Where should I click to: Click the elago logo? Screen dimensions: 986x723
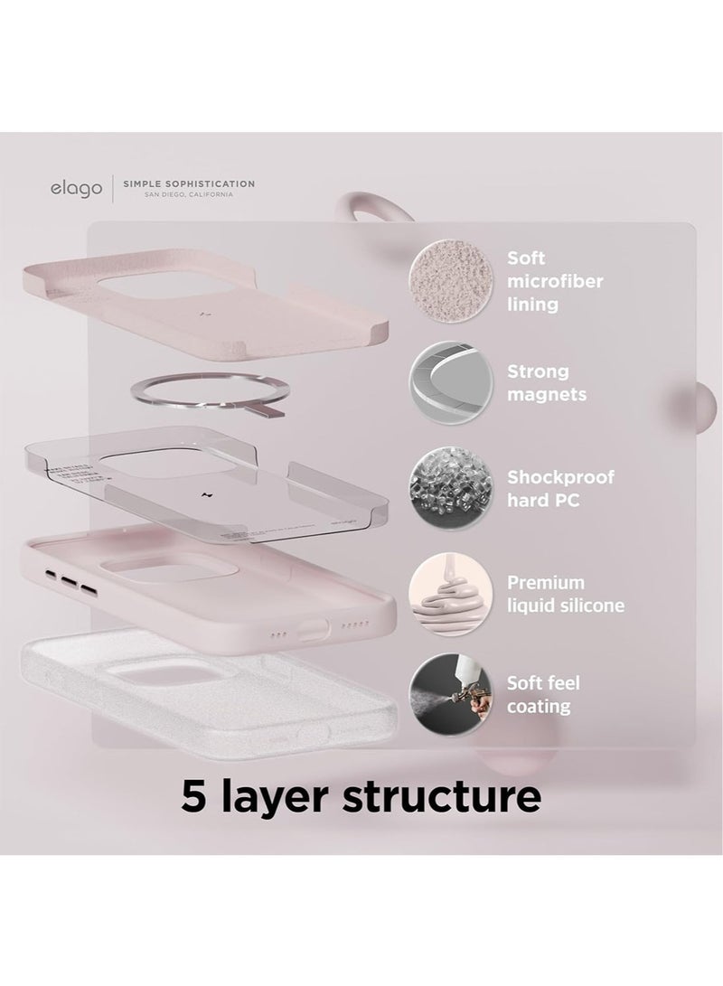[x=74, y=189]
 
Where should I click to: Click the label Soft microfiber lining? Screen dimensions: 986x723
[x=554, y=281]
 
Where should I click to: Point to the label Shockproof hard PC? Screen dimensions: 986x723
[x=560, y=488]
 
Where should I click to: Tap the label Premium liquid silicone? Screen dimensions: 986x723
[x=565, y=594]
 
